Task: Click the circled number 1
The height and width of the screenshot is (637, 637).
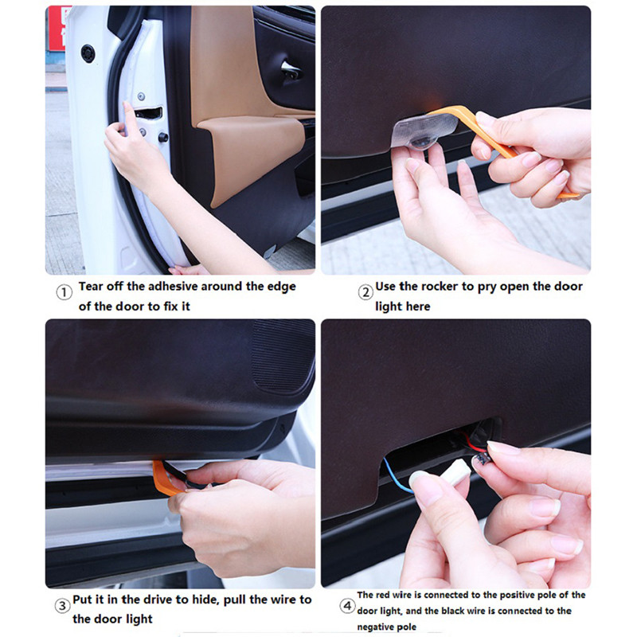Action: click(64, 292)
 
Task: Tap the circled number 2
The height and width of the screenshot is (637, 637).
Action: click(365, 292)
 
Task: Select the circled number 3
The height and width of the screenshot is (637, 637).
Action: click(62, 606)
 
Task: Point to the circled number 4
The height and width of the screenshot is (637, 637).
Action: click(347, 606)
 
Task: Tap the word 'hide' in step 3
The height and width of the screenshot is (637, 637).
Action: click(205, 600)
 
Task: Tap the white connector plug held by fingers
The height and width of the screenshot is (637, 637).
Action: click(459, 472)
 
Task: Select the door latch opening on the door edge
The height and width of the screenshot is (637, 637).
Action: click(148, 113)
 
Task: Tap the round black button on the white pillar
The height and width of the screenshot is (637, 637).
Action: click(88, 53)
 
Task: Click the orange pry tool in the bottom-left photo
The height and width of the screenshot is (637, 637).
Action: click(162, 479)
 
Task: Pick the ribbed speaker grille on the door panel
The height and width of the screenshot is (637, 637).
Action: click(283, 356)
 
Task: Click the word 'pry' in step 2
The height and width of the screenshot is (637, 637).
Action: click(487, 287)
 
